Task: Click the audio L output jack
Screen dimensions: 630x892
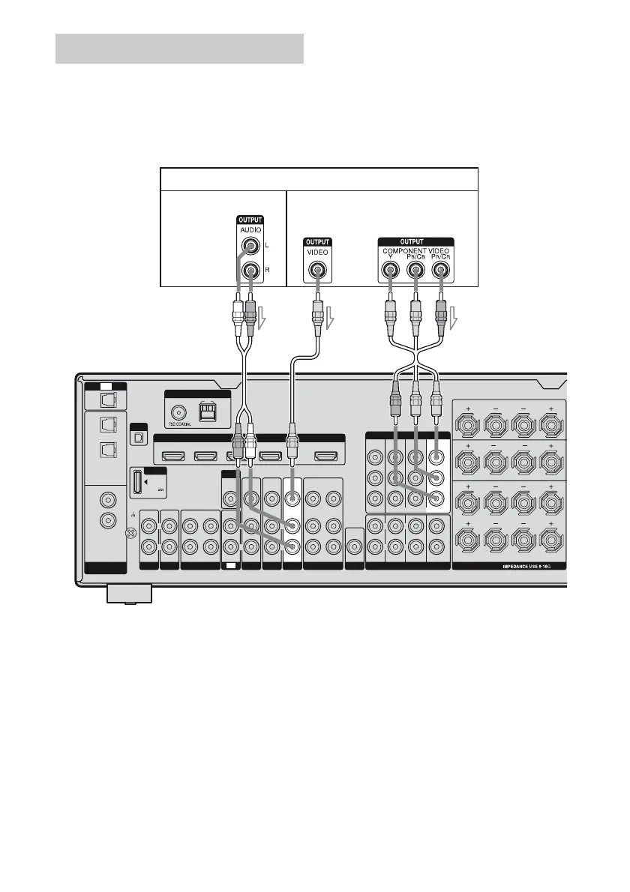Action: pyautogui.click(x=248, y=246)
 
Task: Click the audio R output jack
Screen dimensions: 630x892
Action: pyautogui.click(x=248, y=270)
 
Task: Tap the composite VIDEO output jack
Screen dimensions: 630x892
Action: pyautogui.click(x=317, y=270)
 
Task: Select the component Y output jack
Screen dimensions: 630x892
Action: pyautogui.click(x=390, y=271)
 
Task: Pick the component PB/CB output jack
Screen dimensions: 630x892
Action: pyautogui.click(x=415, y=271)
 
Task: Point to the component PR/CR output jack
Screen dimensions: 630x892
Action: pyautogui.click(x=442, y=271)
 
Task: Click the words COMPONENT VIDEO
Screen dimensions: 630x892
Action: pyautogui.click(x=416, y=250)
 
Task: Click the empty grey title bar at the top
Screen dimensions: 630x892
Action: pyautogui.click(x=179, y=49)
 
